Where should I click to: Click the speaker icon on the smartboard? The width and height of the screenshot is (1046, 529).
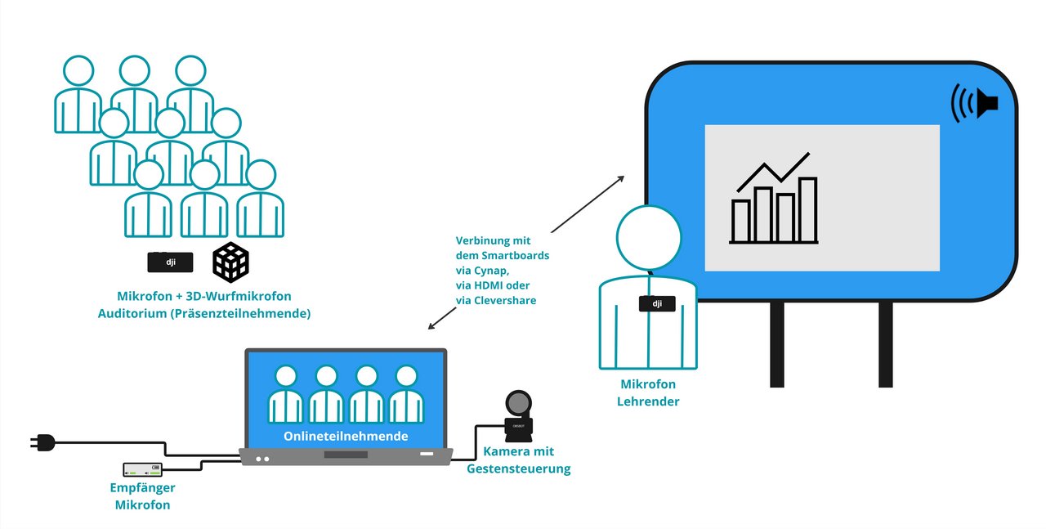coord(975,103)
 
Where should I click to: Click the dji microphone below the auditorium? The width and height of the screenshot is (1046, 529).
coord(170,262)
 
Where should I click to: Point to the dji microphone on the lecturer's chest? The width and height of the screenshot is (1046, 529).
coord(655,304)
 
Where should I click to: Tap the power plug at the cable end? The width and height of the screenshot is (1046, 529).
coord(42,442)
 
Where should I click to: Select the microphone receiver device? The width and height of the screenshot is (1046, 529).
coord(142,470)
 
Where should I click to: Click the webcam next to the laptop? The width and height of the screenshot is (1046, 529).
coord(518,416)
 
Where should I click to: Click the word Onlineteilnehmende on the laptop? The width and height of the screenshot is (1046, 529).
coord(346,437)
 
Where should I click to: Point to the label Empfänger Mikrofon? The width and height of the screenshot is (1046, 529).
coord(142,496)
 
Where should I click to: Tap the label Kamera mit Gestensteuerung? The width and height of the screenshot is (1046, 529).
coord(518,460)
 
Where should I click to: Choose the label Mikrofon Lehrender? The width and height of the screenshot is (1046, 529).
coord(649,392)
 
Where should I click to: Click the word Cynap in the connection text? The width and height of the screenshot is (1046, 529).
coord(495,270)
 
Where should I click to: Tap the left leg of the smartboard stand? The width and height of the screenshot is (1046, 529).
coord(776,343)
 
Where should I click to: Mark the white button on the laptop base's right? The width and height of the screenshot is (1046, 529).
coord(427,453)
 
